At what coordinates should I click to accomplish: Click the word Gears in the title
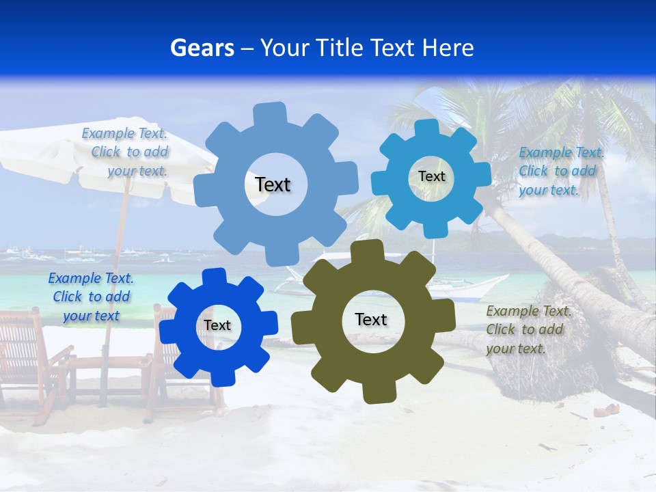point(202,48)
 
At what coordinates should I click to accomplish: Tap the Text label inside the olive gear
point(371,320)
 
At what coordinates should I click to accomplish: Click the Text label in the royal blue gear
point(217,326)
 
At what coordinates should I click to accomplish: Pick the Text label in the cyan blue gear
point(431,176)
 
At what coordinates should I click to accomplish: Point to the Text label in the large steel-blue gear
point(273,184)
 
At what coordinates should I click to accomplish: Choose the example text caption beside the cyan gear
point(560,172)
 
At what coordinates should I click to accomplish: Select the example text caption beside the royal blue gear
point(91,297)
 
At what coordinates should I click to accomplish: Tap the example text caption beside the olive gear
point(527,330)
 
